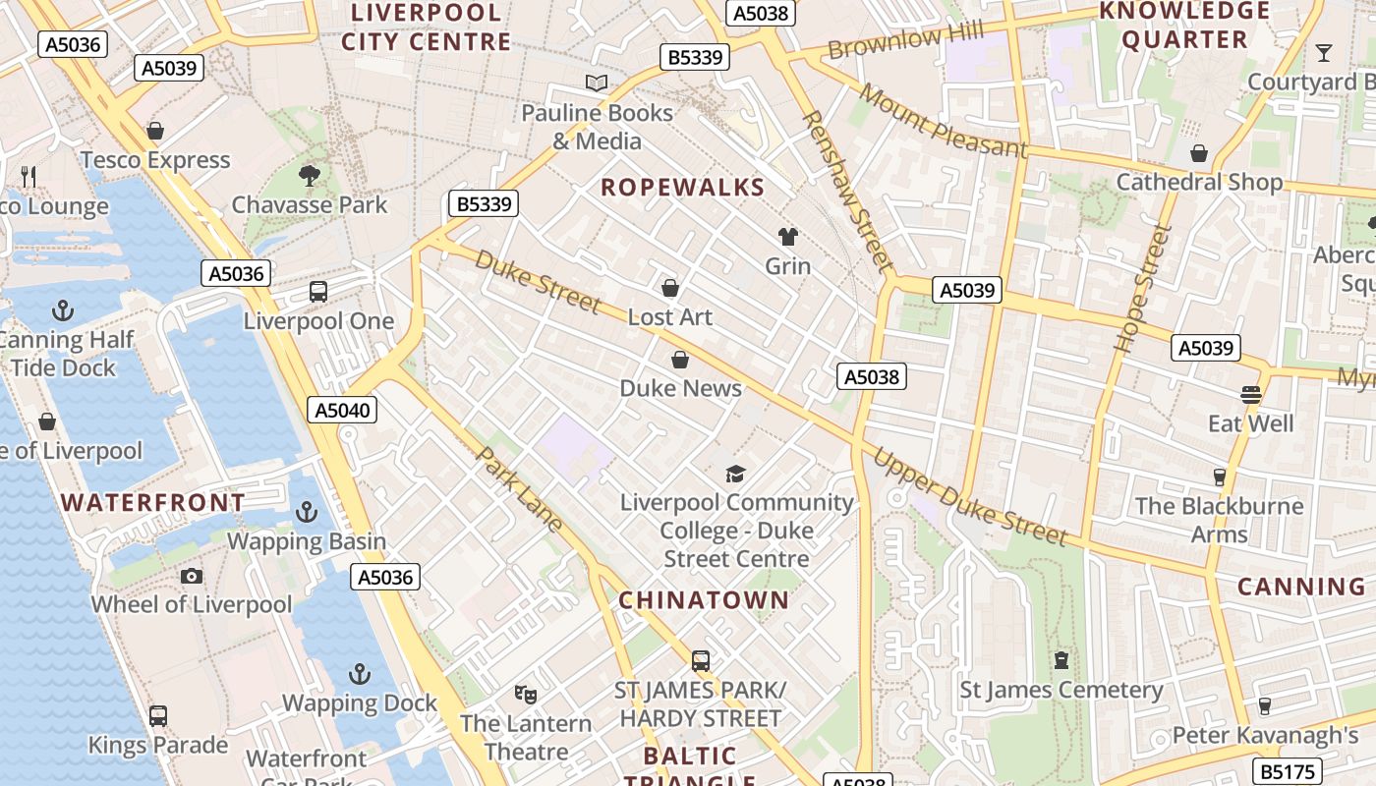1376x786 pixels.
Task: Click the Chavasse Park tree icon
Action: point(310,176)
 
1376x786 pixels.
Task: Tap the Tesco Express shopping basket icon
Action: point(154,131)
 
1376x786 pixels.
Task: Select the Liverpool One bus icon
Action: point(318,292)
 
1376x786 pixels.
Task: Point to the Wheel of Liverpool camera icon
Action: point(192,576)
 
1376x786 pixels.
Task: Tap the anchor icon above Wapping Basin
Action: point(307,512)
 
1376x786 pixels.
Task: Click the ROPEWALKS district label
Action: point(682,188)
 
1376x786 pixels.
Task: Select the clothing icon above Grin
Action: point(788,236)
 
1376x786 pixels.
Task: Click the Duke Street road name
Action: point(537,281)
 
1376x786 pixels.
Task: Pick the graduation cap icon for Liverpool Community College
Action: point(735,475)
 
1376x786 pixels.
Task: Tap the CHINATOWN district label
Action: point(704,600)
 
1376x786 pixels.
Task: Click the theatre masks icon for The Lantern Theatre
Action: point(526,695)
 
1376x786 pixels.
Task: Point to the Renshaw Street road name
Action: point(847,191)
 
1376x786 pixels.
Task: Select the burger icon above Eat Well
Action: point(1250,395)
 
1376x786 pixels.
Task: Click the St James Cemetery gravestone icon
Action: point(1061,660)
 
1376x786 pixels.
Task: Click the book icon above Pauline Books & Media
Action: point(596,83)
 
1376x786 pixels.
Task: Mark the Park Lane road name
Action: point(520,489)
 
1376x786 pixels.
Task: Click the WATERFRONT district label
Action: point(153,503)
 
